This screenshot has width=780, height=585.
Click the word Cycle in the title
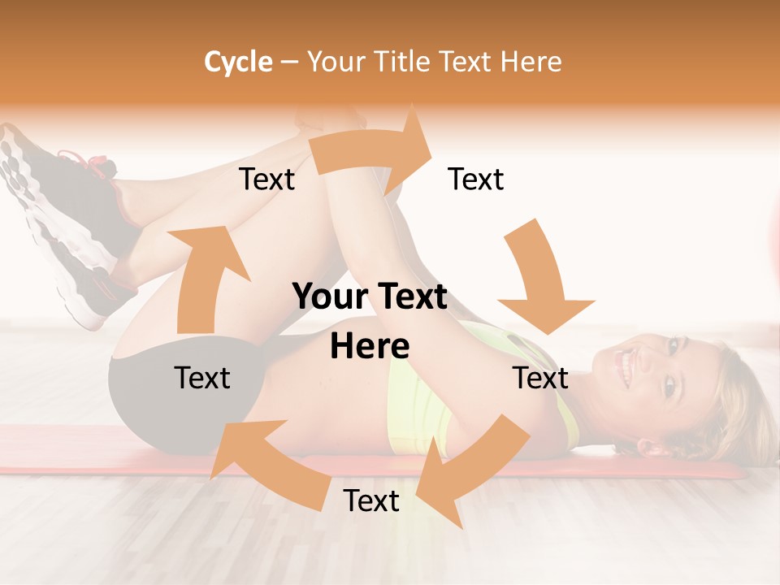click(x=238, y=62)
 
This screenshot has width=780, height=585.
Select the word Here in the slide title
click(x=531, y=62)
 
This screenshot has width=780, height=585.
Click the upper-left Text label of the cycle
click(x=266, y=180)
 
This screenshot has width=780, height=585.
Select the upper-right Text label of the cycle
click(x=476, y=180)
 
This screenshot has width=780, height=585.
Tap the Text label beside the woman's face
click(x=540, y=378)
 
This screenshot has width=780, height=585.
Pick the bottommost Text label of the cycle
click(x=371, y=501)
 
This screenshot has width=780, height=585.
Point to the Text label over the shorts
click(x=202, y=378)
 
